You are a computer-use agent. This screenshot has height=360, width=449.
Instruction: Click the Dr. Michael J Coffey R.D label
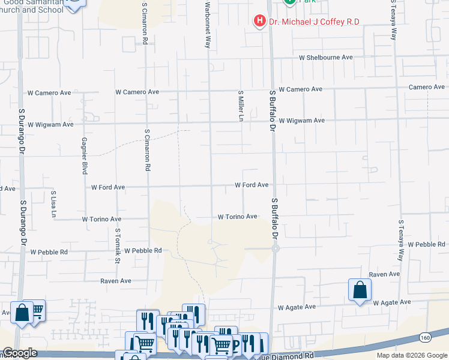click(x=313, y=22)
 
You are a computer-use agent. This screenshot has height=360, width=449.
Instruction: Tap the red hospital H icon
click(x=259, y=22)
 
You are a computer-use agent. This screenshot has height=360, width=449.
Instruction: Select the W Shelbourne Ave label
click(x=326, y=58)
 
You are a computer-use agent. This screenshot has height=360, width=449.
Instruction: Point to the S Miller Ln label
click(x=241, y=106)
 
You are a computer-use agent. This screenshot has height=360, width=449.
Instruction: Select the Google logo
click(x=20, y=353)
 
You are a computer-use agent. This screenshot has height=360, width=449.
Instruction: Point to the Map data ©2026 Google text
click(x=411, y=355)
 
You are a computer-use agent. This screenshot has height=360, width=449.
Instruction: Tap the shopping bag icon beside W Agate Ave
click(x=360, y=290)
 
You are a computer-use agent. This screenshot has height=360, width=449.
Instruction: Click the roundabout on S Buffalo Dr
click(x=275, y=248)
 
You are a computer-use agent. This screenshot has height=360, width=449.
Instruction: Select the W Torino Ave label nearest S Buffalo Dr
click(x=237, y=217)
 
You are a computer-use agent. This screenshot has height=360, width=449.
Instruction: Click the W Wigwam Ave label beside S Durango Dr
click(x=50, y=124)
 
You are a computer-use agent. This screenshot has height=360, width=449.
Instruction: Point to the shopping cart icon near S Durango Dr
click(x=37, y=310)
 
